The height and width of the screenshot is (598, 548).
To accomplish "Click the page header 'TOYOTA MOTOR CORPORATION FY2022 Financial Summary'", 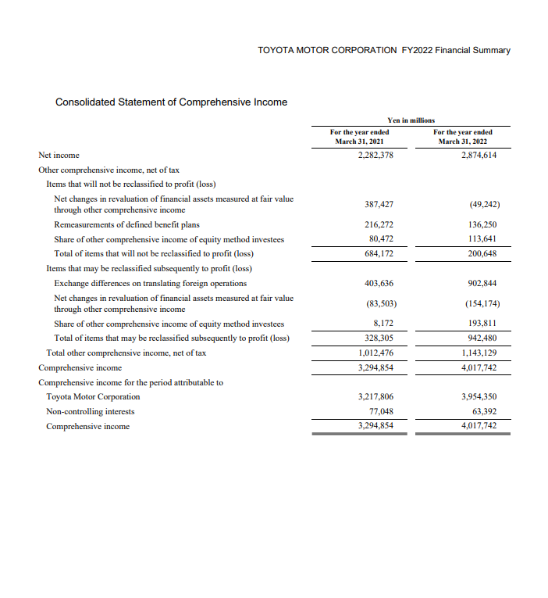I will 383,50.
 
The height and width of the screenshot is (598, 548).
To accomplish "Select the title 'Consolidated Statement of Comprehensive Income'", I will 171,102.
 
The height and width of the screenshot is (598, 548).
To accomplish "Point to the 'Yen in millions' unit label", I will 411,119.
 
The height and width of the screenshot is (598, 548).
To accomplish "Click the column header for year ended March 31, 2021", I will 359,137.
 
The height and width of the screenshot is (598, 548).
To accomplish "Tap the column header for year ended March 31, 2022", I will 463,137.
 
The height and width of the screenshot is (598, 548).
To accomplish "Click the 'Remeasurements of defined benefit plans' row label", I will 126,224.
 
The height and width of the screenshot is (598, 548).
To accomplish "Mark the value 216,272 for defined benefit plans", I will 379,224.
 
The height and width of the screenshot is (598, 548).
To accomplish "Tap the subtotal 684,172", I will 379,254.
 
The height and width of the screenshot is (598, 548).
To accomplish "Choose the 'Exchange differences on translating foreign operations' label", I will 150,283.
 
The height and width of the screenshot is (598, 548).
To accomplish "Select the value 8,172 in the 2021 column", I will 382,323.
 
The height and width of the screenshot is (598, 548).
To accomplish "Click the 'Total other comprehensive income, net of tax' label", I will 126,353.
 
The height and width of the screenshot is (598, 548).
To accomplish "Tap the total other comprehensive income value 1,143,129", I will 479,353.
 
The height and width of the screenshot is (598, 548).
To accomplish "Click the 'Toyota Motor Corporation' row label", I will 93,396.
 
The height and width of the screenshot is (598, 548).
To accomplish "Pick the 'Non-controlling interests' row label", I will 90,411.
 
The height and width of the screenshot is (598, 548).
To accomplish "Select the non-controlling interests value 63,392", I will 486,411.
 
